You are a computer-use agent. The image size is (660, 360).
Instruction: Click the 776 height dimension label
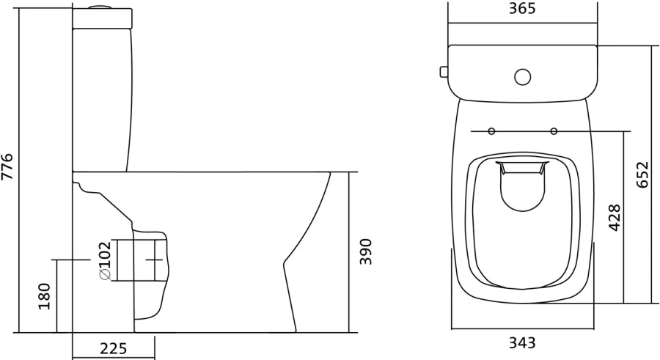pos(8,167)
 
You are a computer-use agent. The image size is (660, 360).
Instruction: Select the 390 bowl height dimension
pos(366,251)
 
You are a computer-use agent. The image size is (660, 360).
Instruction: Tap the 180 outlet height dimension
pos(44,295)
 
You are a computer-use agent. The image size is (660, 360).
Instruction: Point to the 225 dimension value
pos(114,348)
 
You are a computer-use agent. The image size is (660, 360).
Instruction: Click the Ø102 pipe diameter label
pos(104,260)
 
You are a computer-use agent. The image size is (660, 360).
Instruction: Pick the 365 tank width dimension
pos(521,9)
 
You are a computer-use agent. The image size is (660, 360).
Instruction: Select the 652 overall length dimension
pos(642,175)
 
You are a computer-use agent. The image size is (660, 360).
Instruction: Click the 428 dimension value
pos(615,218)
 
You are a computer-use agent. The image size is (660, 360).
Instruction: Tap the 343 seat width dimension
pos(521,342)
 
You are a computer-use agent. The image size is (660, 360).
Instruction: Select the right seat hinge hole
pos(554,132)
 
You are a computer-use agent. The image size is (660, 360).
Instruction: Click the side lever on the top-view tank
pos(444,72)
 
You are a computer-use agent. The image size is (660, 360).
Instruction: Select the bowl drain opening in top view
pos(522,187)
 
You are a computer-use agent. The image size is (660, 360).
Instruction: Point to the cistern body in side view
pos(102,95)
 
